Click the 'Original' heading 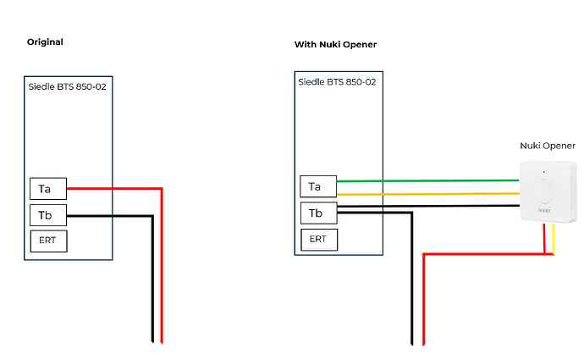(45, 42)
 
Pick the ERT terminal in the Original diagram (47, 241)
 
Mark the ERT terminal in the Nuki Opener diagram (318, 239)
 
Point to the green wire (423, 180)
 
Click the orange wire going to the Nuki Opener (423, 194)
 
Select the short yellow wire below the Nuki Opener (554, 241)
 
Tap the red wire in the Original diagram (160, 271)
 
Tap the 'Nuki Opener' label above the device (547, 146)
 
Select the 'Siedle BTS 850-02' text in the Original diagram (68, 85)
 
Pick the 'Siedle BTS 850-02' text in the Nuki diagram (337, 81)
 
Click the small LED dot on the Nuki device (544, 172)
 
